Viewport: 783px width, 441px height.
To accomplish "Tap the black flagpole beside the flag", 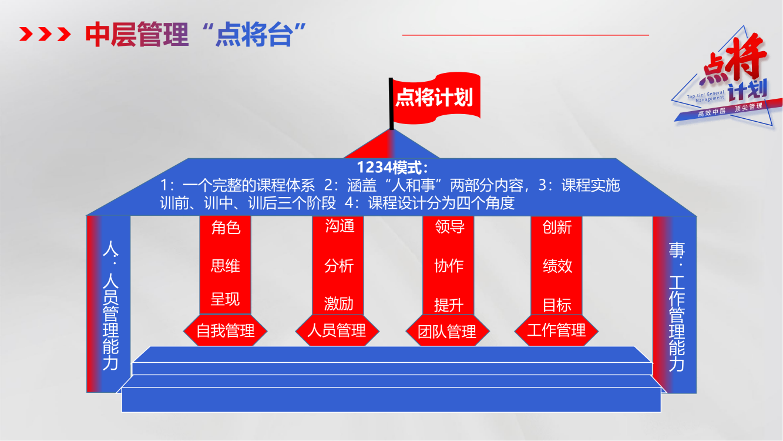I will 391,103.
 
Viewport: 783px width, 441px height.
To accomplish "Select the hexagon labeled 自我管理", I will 226,330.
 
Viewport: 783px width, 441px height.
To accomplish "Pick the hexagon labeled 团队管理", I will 447,331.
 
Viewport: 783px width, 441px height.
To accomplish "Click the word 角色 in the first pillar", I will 226,227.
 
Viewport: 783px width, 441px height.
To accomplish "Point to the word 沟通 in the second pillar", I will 340,226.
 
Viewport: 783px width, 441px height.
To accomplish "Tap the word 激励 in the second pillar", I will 339,303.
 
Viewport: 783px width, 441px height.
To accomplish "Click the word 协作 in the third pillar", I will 449,266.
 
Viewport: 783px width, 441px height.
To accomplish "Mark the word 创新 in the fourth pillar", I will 557,227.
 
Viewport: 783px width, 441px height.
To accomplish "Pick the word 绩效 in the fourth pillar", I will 557,266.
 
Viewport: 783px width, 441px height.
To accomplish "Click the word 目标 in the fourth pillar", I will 557,305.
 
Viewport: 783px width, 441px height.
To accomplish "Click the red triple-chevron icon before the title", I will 45,34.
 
